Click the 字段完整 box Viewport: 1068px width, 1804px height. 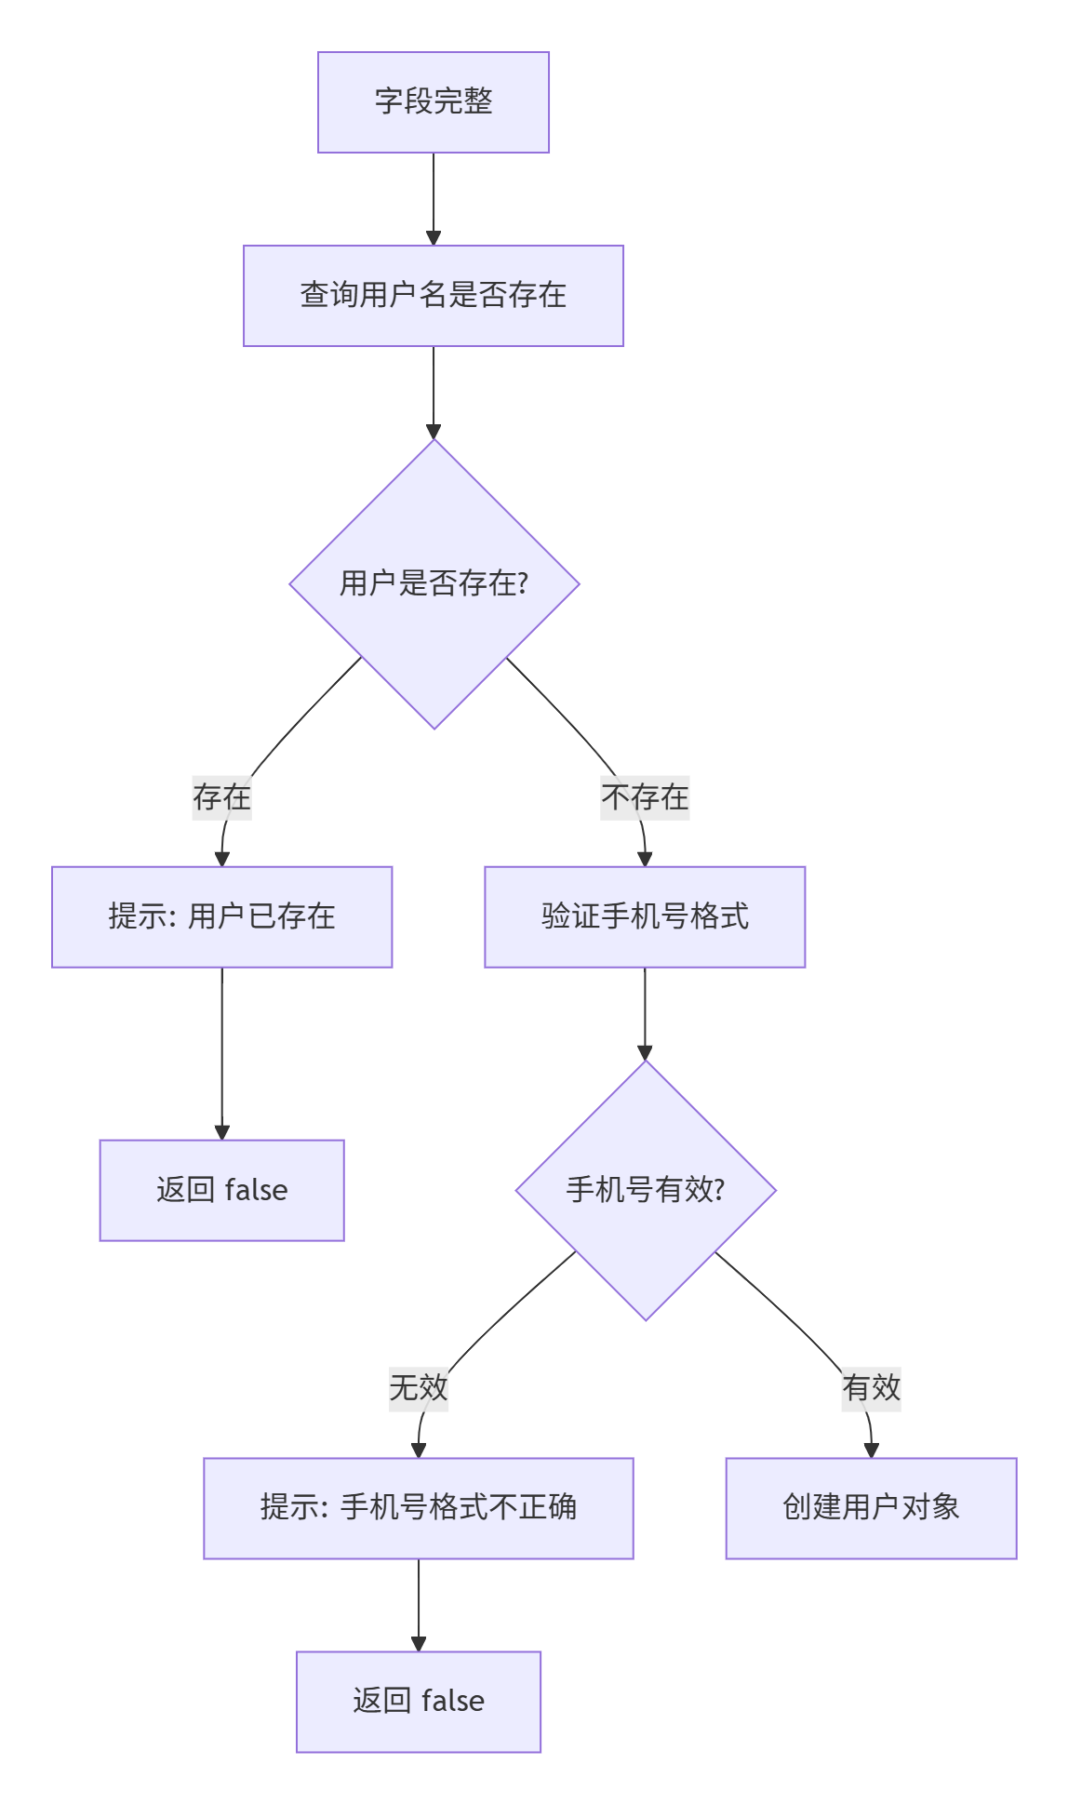434,102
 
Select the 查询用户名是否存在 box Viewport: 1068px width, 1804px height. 434,296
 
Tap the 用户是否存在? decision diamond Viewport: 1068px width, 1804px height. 434,584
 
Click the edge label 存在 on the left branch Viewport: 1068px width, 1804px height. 221,797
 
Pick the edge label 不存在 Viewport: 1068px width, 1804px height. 645,797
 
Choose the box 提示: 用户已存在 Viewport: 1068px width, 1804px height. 221,917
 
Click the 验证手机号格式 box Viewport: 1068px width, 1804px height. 645,917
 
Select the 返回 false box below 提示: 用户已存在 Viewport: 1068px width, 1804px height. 221,1190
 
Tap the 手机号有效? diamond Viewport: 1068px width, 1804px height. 646,1190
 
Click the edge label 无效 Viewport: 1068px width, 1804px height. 419,1388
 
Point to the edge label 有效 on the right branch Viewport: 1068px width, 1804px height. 871,1388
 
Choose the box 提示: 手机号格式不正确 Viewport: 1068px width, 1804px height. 419,1508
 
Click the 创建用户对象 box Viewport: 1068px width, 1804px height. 871,1508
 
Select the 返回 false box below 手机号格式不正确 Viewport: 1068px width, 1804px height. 419,1702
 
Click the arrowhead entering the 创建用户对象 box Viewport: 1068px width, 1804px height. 872,1450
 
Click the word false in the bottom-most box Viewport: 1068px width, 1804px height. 453,1702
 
